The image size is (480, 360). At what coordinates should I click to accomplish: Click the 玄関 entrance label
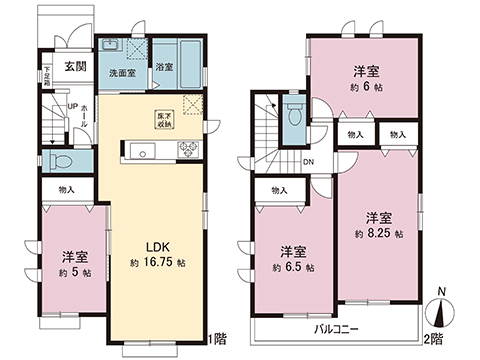62,66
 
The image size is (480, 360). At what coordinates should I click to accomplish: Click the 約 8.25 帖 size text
378,233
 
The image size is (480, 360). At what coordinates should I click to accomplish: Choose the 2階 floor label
434,338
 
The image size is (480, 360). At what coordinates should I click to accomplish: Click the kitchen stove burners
187,151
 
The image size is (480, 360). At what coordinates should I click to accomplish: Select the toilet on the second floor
293,114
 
